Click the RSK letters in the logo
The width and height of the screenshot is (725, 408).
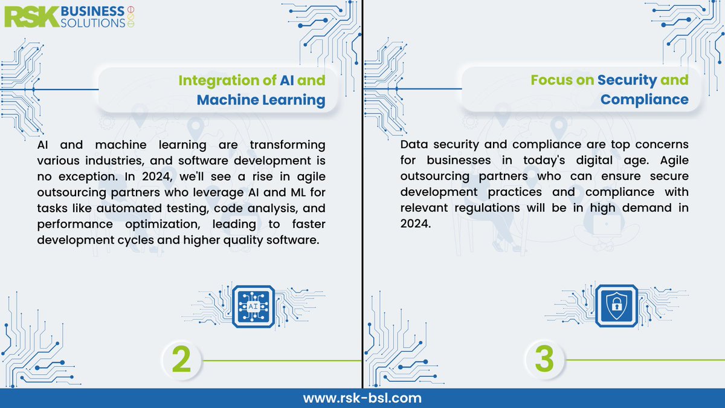(31, 17)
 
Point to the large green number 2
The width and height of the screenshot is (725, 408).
(181, 360)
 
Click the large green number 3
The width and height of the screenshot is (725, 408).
(544, 360)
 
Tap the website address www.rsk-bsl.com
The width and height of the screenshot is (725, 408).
(362, 398)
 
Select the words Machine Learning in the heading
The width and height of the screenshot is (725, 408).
(261, 100)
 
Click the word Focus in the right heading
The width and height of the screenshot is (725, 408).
(552, 80)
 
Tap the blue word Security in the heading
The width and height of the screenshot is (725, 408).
(627, 80)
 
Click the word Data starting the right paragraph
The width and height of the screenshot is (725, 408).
(414, 146)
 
